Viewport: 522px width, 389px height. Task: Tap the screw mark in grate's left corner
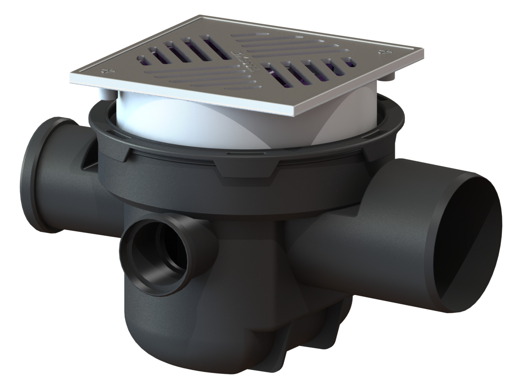click(x=108, y=71)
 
